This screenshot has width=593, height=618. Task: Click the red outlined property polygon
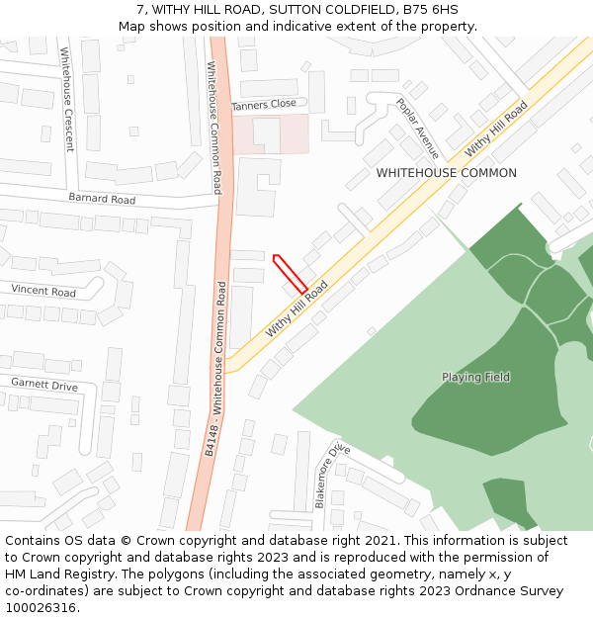pyautogui.click(x=291, y=274)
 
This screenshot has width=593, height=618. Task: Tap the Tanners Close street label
pyautogui.click(x=264, y=104)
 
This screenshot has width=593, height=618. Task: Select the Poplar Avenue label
pyautogui.click(x=417, y=129)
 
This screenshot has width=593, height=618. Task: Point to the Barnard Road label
pyautogui.click(x=102, y=199)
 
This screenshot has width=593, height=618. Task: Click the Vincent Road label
pyautogui.click(x=43, y=292)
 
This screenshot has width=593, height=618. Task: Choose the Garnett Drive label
pyautogui.click(x=44, y=384)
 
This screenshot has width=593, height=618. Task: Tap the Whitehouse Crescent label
pyautogui.click(x=67, y=100)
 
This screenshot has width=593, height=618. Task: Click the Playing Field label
pyautogui.click(x=475, y=377)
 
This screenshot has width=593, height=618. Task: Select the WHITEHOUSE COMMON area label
pyautogui.click(x=446, y=173)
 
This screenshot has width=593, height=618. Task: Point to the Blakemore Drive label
pyautogui.click(x=332, y=476)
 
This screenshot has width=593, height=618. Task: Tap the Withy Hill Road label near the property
pyautogui.click(x=296, y=309)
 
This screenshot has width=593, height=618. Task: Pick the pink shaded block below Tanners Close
pyautogui.click(x=270, y=133)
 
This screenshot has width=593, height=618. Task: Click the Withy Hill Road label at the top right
pyautogui.click(x=496, y=129)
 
